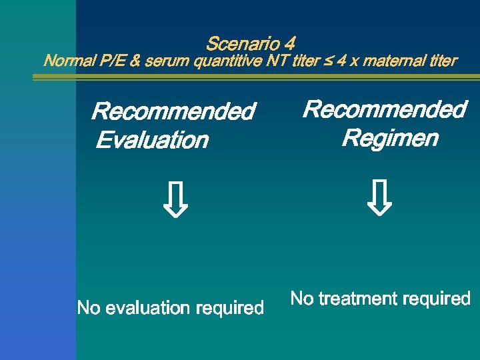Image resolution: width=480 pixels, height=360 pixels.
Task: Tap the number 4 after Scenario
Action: point(289,44)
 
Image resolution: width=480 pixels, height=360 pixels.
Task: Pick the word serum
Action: point(166,61)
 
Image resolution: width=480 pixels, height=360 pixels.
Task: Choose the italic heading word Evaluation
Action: point(152,141)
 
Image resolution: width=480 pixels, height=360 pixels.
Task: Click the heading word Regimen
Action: point(390,139)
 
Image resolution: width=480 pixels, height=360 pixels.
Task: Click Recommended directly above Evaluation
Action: point(173,111)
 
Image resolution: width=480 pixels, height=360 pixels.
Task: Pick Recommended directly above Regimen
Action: point(385,109)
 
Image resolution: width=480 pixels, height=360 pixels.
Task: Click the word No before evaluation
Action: point(88,308)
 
